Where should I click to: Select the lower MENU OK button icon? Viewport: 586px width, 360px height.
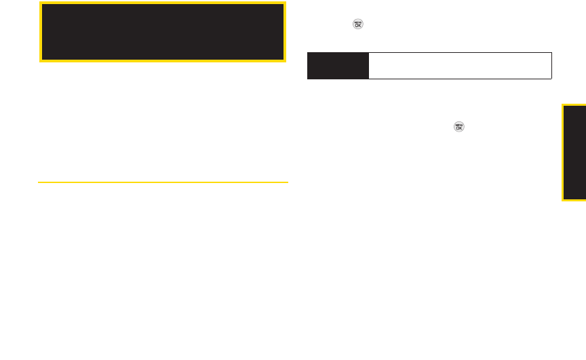point(459,127)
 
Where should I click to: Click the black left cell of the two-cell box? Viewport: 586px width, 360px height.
point(338,66)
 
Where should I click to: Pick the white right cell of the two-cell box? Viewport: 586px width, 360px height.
point(460,66)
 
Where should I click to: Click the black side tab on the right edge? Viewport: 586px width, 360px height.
point(574,153)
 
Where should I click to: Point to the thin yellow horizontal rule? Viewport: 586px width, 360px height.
point(163,182)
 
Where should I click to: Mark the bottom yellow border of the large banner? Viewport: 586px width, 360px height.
point(162,60)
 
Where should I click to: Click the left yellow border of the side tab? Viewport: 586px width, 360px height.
point(562,153)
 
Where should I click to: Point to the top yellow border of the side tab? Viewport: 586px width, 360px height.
point(574,104)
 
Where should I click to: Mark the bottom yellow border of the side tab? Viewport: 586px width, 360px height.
point(574,200)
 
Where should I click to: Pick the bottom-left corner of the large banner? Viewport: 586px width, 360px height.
point(40,60)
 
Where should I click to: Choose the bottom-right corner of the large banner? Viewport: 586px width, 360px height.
point(284,60)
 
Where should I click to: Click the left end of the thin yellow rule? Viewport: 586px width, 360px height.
point(39,182)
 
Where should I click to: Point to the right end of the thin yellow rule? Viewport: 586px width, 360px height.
point(288,182)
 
